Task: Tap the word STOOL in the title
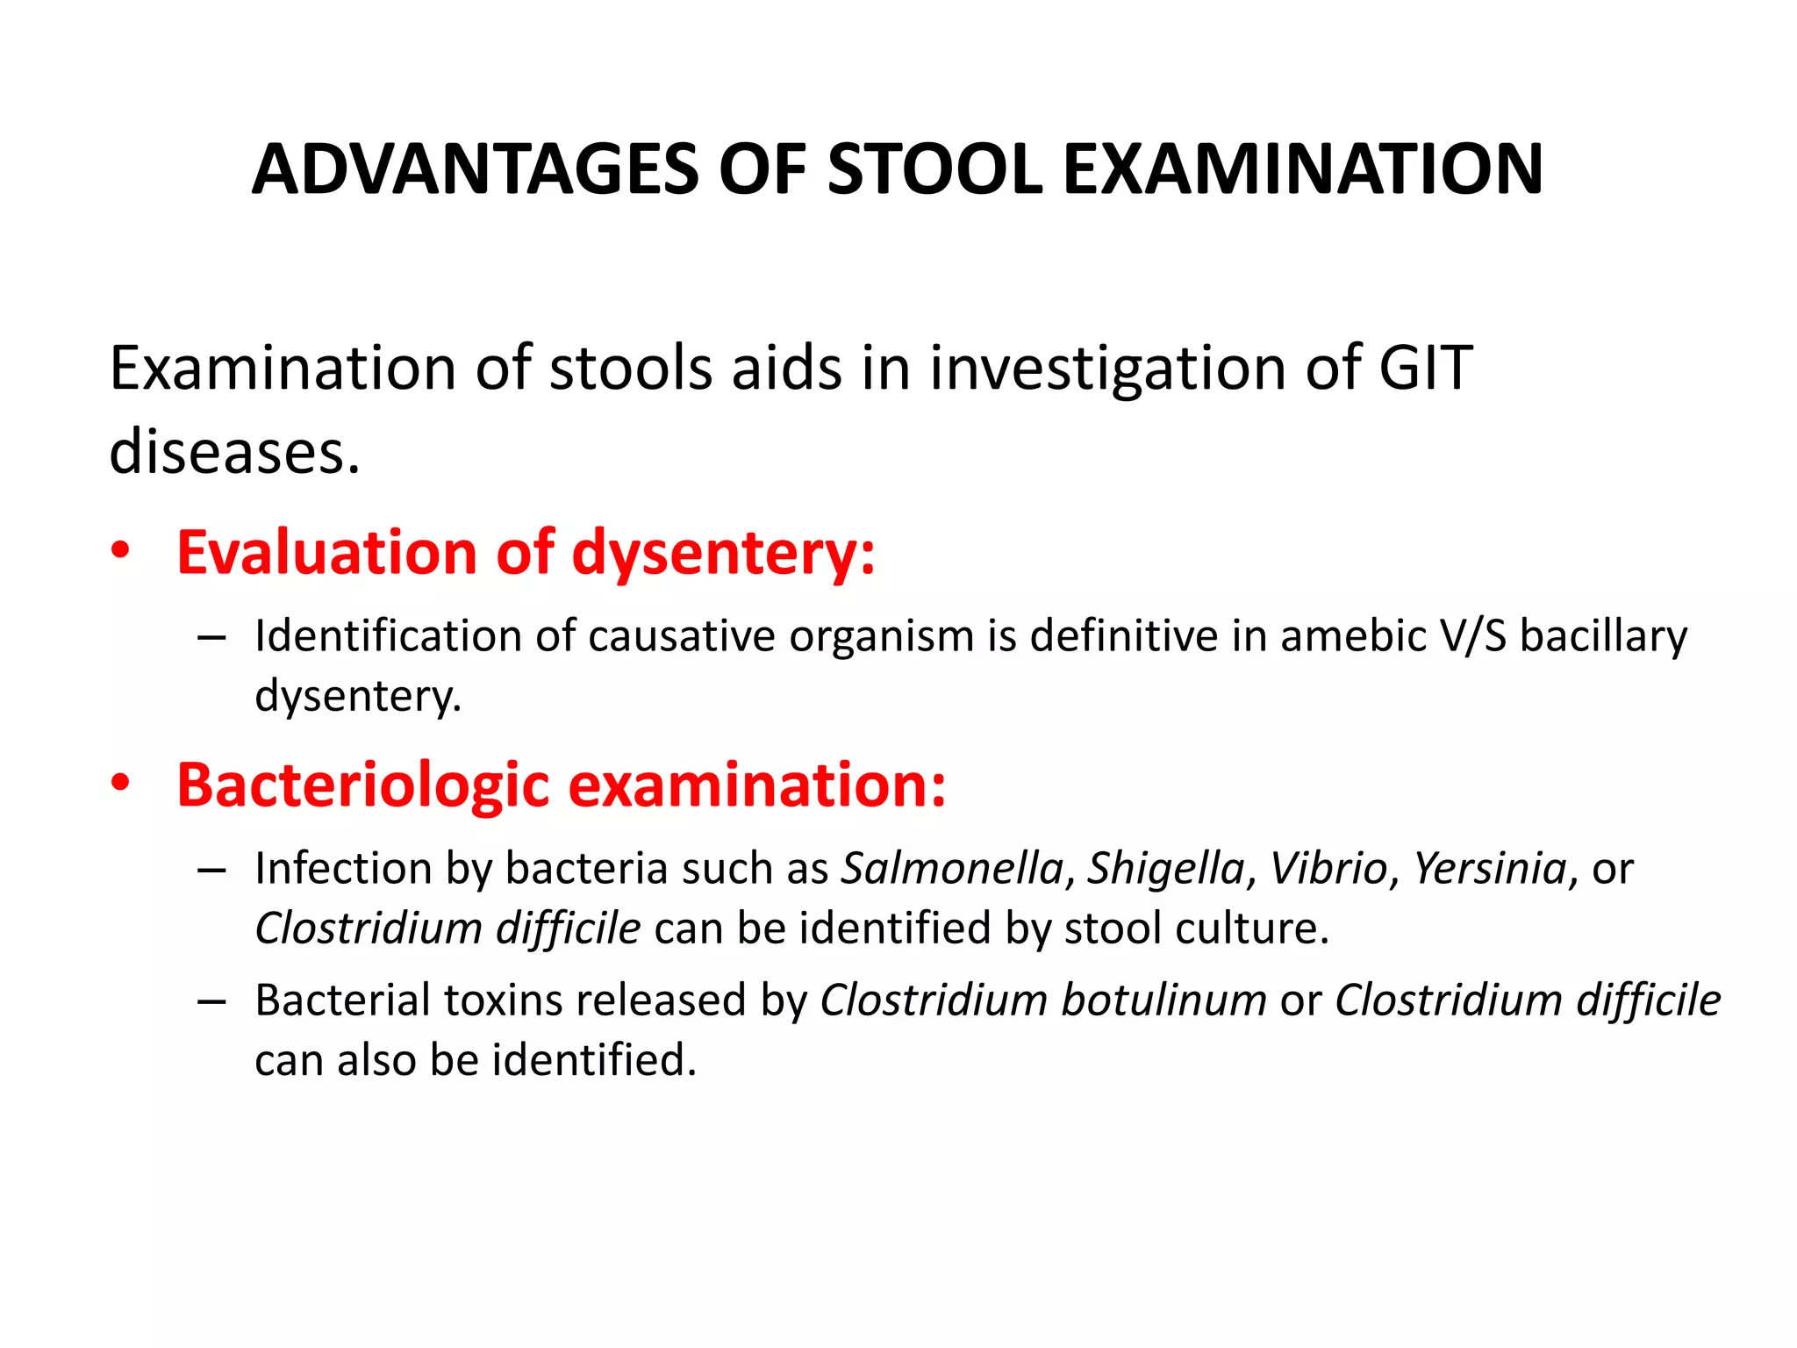click(934, 169)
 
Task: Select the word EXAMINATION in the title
click(1303, 169)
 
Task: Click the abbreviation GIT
click(1426, 368)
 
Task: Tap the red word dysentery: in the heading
click(723, 555)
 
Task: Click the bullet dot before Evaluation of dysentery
click(120, 551)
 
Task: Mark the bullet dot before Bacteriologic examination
click(120, 783)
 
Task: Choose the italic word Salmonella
click(953, 869)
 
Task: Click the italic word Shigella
click(1166, 870)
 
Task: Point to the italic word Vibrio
click(1328, 869)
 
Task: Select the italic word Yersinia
click(1490, 869)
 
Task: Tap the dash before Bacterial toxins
click(211, 1001)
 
